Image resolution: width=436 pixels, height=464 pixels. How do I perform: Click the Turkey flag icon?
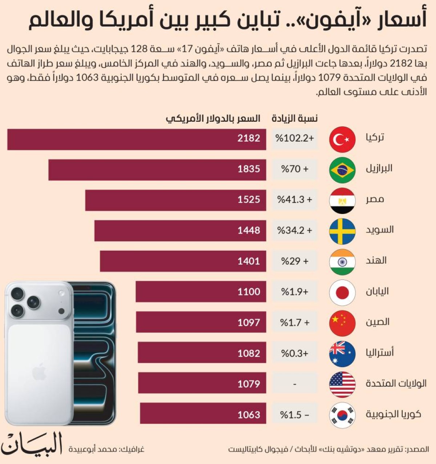click(342, 139)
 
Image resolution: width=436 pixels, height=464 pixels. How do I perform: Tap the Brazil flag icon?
click(342, 170)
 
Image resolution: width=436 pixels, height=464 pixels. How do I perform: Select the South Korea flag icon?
click(342, 415)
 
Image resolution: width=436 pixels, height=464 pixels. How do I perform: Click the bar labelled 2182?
click(136, 139)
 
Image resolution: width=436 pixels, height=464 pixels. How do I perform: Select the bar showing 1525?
click(175, 200)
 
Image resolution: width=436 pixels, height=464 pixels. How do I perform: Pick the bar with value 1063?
click(203, 413)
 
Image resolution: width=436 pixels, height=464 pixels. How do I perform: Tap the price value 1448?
click(249, 230)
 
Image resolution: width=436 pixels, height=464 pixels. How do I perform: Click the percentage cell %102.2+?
click(295, 138)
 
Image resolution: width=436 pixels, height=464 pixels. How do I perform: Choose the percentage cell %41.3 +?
click(295, 200)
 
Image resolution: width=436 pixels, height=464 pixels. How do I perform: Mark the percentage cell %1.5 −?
click(295, 415)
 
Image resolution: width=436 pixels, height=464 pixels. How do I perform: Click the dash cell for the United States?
click(295, 384)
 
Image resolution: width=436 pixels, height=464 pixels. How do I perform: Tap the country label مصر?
click(375, 199)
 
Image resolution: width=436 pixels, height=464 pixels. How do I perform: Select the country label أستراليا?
click(380, 352)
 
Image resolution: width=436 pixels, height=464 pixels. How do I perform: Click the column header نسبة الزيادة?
click(295, 118)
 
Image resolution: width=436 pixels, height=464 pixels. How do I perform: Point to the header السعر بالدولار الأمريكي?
click(213, 118)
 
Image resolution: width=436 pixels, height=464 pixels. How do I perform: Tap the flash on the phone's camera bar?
click(62, 293)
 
